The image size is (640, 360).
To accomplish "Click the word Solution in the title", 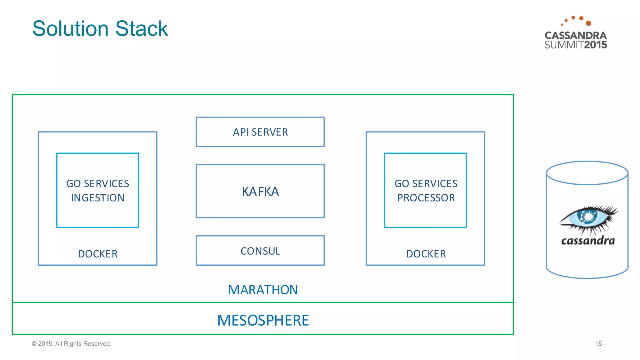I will [x=70, y=29].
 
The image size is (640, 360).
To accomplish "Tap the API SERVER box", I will [x=260, y=132].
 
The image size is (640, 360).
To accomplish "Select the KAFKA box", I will [x=260, y=191].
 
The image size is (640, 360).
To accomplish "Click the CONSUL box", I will [x=260, y=251].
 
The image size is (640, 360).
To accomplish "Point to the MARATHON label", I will [x=263, y=290].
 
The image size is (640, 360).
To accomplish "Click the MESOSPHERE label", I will [x=263, y=320].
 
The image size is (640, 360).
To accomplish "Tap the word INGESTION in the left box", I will [x=97, y=198].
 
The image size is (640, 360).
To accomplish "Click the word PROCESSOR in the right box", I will [x=426, y=198].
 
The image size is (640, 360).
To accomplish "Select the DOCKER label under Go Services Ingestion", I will [x=97, y=254].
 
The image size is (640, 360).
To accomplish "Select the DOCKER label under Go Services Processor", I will [x=426, y=254].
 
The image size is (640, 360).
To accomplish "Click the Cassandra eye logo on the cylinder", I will [x=587, y=219].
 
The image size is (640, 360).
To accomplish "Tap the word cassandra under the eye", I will [x=588, y=241].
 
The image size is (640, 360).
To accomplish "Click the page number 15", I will [x=598, y=344].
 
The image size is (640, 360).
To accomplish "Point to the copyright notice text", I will [x=72, y=344].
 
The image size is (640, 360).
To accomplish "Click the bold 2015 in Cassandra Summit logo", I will [x=595, y=45].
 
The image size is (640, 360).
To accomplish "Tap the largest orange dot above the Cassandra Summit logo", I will [x=588, y=23].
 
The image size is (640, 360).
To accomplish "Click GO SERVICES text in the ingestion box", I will [x=97, y=183].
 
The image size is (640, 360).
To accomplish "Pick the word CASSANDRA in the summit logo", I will [x=576, y=35].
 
